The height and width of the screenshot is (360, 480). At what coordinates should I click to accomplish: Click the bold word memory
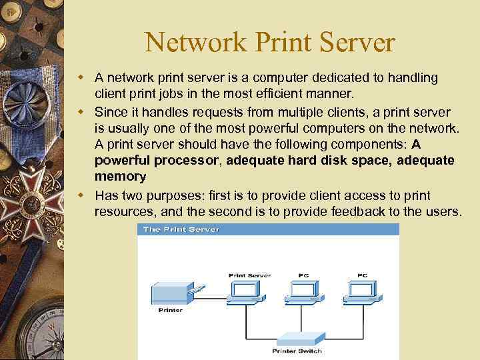[120, 177]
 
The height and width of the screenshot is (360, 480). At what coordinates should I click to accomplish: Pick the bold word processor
[190, 161]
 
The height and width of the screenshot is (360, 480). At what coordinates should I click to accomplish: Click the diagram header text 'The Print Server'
[181, 229]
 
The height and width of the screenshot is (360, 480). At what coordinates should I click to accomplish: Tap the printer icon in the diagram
[173, 293]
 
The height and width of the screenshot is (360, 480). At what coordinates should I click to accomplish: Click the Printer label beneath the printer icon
[170, 310]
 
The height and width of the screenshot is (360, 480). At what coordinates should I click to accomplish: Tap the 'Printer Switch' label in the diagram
[297, 351]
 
